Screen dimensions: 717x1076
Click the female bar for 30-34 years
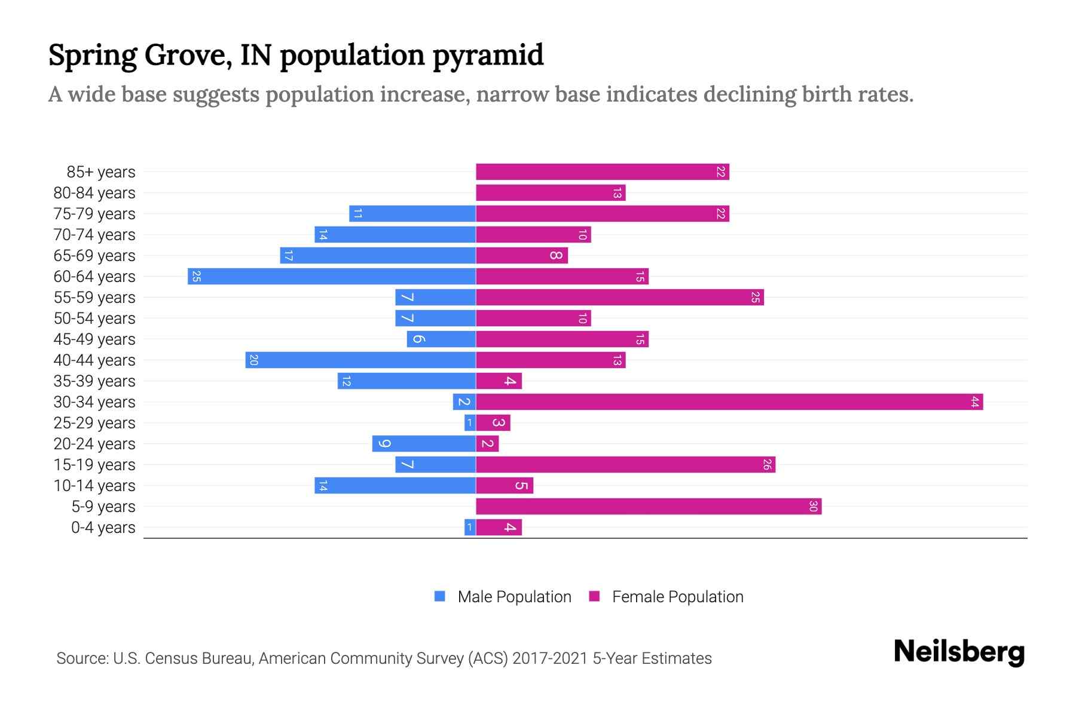click(x=729, y=402)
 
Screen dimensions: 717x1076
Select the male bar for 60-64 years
click(x=332, y=277)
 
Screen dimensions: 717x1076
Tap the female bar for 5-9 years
click(x=649, y=507)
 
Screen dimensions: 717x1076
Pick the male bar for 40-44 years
click(x=360, y=360)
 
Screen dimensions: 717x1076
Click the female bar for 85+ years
click(x=603, y=172)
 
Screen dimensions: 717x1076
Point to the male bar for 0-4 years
click(x=470, y=528)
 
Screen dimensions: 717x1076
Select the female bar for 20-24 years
click(x=487, y=444)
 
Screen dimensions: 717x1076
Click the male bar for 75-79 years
click(x=412, y=214)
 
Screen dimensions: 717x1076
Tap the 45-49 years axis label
click(x=94, y=339)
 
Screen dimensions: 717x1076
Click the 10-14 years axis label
click(x=94, y=486)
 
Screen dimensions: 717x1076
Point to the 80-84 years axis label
click(x=94, y=193)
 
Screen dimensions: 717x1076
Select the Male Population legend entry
click(x=514, y=597)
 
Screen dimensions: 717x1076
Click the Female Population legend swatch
click(x=594, y=596)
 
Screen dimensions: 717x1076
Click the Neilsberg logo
click(x=959, y=652)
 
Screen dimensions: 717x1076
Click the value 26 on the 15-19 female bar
click(x=767, y=465)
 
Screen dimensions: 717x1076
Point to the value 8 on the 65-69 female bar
click(x=555, y=256)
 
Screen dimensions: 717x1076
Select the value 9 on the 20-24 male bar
click(x=384, y=444)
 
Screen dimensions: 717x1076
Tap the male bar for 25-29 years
click(x=470, y=423)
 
